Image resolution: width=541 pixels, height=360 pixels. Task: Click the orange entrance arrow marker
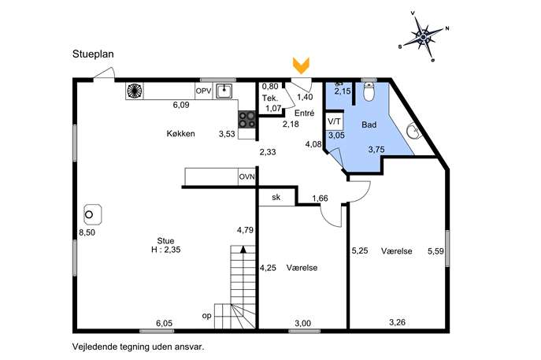(301, 65)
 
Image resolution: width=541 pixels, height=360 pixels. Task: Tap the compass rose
(424, 36)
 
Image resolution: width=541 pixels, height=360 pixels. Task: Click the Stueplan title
(93, 54)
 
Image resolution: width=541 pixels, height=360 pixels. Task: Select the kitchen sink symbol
(224, 91)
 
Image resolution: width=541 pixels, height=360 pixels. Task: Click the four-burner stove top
(247, 120)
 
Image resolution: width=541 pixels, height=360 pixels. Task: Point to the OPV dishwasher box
(204, 91)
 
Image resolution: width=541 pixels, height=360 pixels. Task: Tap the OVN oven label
(247, 177)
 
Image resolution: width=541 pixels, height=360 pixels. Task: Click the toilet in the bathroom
(369, 91)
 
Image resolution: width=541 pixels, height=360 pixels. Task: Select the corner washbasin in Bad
(413, 131)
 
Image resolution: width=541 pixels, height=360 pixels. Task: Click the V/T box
(334, 121)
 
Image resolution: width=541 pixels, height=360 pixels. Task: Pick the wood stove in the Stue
(92, 215)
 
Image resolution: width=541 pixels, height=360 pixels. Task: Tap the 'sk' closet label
(276, 198)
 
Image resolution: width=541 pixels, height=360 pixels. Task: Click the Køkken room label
(181, 134)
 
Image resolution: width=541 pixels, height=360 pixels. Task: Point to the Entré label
(304, 113)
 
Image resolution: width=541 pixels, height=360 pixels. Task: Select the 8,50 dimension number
(87, 232)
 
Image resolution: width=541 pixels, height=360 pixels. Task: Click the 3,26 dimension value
(397, 322)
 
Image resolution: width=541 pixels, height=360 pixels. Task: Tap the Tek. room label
(270, 98)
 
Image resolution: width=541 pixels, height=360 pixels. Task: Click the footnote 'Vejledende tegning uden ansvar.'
(138, 347)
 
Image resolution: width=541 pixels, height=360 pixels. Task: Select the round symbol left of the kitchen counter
(134, 91)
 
